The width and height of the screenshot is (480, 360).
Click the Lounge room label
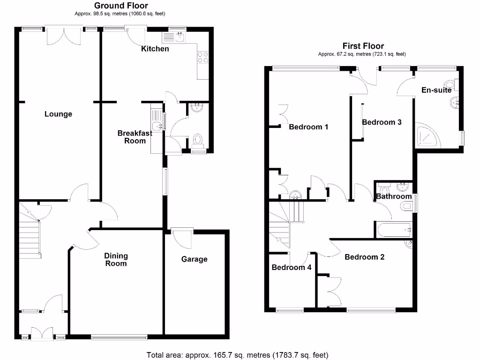(58, 114)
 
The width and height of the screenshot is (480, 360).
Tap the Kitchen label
(155, 49)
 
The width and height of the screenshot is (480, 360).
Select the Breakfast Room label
(135, 137)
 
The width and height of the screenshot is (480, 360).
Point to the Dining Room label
(116, 259)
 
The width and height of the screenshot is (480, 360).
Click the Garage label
(194, 259)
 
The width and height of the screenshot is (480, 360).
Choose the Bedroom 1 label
(308, 127)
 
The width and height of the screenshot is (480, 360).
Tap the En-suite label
(436, 90)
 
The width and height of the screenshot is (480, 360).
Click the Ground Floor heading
(121, 6)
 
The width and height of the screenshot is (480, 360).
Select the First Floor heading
(363, 46)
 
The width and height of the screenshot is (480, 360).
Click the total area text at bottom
(237, 355)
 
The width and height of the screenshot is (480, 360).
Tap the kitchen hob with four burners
(203, 57)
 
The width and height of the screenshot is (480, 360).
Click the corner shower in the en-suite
(427, 136)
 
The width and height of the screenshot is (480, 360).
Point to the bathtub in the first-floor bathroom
(393, 230)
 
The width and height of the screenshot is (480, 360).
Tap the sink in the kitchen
(180, 37)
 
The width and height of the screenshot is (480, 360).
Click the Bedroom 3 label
(382, 122)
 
